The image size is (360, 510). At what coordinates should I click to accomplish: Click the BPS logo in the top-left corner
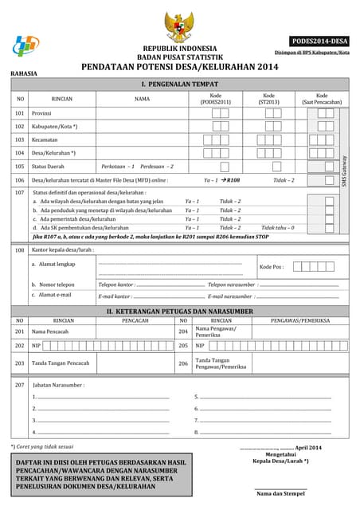click(x=25, y=45)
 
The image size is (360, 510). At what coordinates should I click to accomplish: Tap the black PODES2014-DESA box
click(x=319, y=41)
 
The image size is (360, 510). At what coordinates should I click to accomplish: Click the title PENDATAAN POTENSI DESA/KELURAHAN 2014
click(x=179, y=69)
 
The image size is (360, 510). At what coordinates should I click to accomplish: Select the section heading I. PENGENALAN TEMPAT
click(x=179, y=84)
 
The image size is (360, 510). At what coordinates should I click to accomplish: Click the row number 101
click(x=19, y=113)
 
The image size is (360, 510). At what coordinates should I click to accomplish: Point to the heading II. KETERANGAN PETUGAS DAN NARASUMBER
click(x=179, y=311)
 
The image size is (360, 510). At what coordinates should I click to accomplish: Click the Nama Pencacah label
click(x=50, y=331)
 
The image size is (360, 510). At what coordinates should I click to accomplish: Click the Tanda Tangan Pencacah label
click(x=60, y=363)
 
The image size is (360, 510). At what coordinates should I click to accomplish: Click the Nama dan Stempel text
click(x=280, y=493)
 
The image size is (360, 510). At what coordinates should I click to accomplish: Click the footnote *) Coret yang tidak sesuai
click(x=42, y=446)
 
